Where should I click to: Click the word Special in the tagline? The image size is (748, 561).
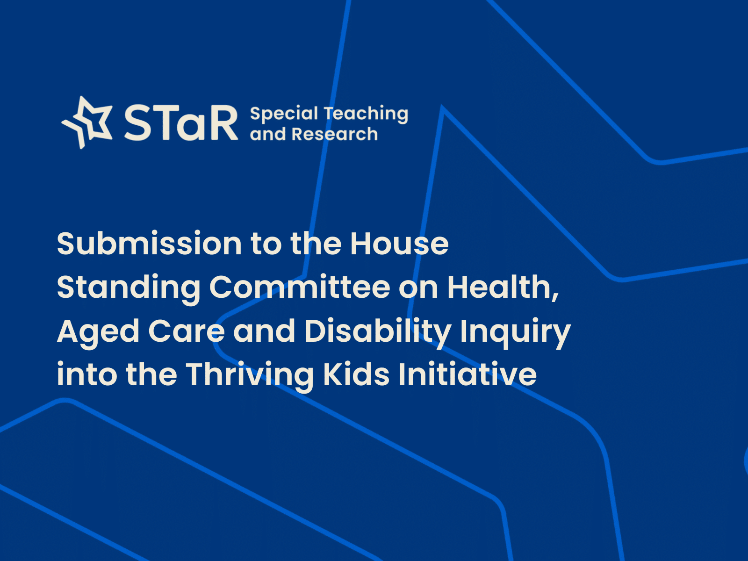pos(284,114)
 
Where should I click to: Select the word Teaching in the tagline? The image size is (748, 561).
pos(366,114)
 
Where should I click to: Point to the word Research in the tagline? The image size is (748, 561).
pos(335,134)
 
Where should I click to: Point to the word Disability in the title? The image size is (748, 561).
pos(378,332)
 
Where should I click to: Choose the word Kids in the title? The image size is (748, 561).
pos(356,374)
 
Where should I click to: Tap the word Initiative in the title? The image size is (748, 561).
pos(467,374)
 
